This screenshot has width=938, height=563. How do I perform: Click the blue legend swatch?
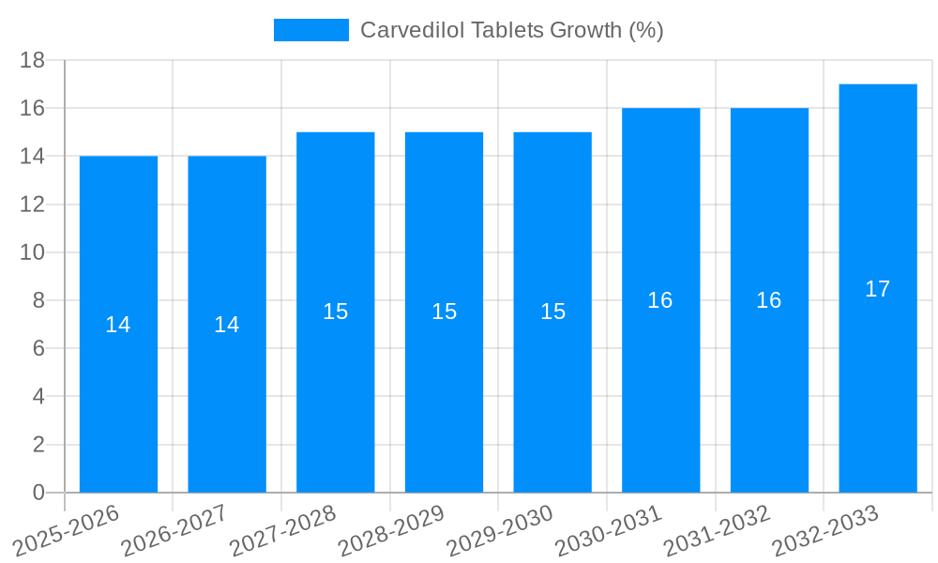(310, 30)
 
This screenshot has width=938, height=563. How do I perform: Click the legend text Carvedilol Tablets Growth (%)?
(511, 30)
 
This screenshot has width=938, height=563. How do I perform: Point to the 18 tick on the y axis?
(33, 60)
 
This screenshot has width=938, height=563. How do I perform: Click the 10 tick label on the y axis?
(33, 252)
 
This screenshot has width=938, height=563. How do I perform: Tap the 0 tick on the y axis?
(38, 493)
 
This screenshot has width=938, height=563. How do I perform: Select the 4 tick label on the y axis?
(38, 397)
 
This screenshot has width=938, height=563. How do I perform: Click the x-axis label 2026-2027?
(174, 531)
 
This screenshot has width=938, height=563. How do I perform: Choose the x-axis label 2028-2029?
(390, 531)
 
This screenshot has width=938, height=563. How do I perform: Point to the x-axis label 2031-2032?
(717, 531)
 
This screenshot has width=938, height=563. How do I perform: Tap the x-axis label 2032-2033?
(825, 531)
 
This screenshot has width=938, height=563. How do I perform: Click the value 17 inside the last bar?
(878, 289)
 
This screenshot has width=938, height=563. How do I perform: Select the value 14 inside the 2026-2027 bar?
(227, 325)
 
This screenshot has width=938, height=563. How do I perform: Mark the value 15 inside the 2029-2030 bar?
(553, 312)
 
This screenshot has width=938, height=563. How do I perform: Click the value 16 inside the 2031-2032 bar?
(769, 300)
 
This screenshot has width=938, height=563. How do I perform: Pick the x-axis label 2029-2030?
(499, 531)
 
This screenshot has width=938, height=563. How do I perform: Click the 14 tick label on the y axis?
(33, 156)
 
